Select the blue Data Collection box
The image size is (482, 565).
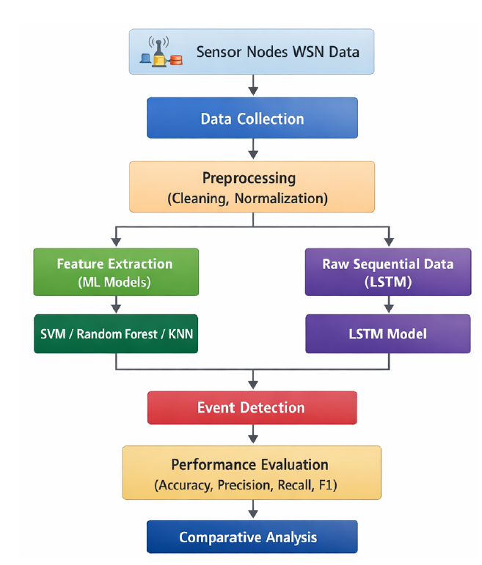point(252,118)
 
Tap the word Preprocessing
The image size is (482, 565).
point(249,178)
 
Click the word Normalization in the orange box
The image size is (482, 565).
point(287,198)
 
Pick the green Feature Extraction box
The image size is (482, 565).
point(116,272)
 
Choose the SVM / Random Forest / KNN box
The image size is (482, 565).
point(116,333)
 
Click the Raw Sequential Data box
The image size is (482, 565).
point(388,272)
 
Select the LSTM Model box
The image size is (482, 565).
point(388,333)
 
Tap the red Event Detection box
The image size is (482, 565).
point(252,407)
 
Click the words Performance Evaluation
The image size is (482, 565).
point(249,465)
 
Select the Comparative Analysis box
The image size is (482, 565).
point(252,537)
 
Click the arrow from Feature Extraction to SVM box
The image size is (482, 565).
point(116,305)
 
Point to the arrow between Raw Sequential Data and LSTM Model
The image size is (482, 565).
point(388,305)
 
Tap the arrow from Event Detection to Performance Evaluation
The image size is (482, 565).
point(253,435)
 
